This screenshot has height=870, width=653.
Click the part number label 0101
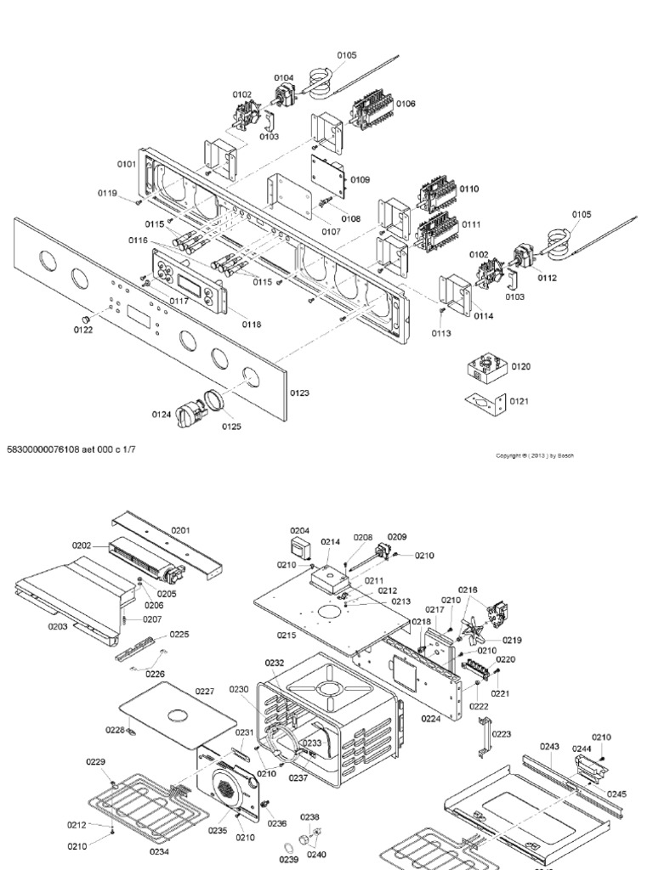(126, 164)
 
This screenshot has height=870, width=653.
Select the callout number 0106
(405, 104)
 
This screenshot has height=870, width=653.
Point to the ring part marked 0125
(212, 398)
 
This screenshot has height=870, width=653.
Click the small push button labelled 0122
(85, 317)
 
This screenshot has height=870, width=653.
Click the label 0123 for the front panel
(299, 393)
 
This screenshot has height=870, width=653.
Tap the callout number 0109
(360, 179)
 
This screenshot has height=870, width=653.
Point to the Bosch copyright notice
(535, 455)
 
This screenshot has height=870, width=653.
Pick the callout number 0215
(287, 635)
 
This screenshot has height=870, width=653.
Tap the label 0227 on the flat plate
(205, 692)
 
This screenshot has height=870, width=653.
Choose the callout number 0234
(159, 850)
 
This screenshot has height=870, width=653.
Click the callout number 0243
(550, 747)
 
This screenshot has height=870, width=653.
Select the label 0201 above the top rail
(180, 530)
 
